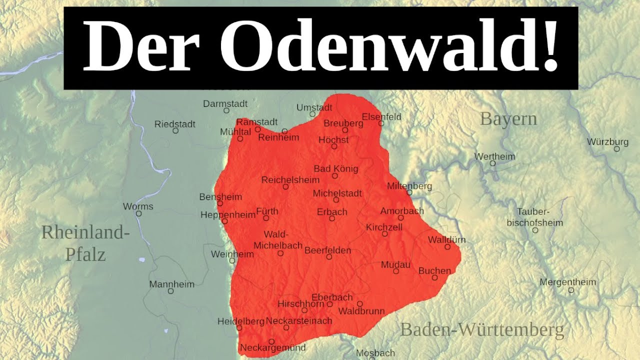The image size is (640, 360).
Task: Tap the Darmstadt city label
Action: pyautogui.click(x=225, y=104)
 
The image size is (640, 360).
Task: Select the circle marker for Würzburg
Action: pyautogui.click(x=617, y=149)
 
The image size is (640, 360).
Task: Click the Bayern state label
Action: pyautogui.click(x=508, y=119)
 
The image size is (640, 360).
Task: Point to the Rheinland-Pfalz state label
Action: pyautogui.click(x=85, y=243)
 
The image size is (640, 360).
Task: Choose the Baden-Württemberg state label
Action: pyautogui.click(x=482, y=330)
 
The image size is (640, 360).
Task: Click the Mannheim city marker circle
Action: pyautogui.click(x=170, y=291)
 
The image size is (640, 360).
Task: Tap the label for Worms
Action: pyautogui.click(x=138, y=206)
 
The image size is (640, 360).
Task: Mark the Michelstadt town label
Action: pyautogui.click(x=337, y=193)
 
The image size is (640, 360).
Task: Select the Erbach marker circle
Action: pyautogui.click(x=331, y=218)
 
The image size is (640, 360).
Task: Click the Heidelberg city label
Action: pyautogui.click(x=240, y=321)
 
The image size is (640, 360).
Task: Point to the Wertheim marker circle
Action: pyautogui.click(x=492, y=163)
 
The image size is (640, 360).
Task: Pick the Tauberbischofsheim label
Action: pyautogui.click(x=535, y=217)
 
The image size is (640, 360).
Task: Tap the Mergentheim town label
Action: pyautogui.click(x=567, y=282)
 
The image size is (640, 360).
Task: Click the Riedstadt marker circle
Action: pyautogui.click(x=175, y=130)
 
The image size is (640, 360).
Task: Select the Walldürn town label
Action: pyautogui.click(x=446, y=239)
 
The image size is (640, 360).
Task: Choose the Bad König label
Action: pyautogui.click(x=335, y=168)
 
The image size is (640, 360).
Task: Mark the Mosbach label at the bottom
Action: pyautogui.click(x=375, y=353)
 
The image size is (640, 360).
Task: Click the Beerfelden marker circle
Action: pyautogui.click(x=329, y=257)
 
